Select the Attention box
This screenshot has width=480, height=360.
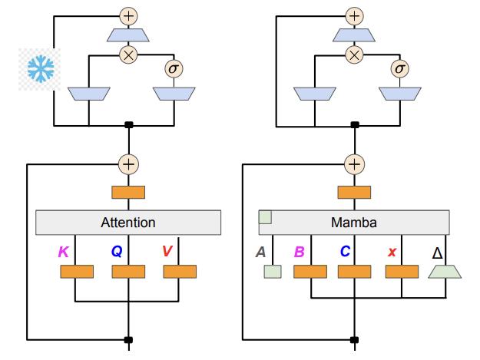point(128,223)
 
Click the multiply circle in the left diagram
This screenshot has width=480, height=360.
point(127,54)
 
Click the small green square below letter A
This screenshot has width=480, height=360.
point(270,272)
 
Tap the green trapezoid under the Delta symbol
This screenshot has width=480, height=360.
point(445,271)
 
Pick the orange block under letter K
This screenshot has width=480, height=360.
point(77,272)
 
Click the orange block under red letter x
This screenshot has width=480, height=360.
point(401,272)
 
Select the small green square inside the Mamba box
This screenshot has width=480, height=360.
point(265,217)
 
